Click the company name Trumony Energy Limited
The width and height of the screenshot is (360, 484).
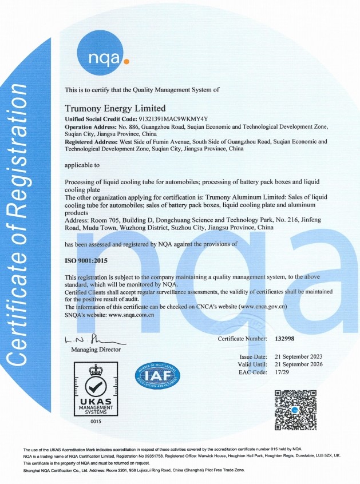point(115,108)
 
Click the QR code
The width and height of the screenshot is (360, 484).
point(296,409)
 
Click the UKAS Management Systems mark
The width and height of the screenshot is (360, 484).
point(95,389)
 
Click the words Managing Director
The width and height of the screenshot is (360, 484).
point(96,349)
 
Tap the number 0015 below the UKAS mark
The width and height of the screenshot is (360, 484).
point(95,422)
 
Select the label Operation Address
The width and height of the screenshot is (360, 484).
point(90,126)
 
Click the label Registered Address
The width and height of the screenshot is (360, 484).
point(91,141)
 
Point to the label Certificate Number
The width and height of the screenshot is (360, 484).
point(242,339)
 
